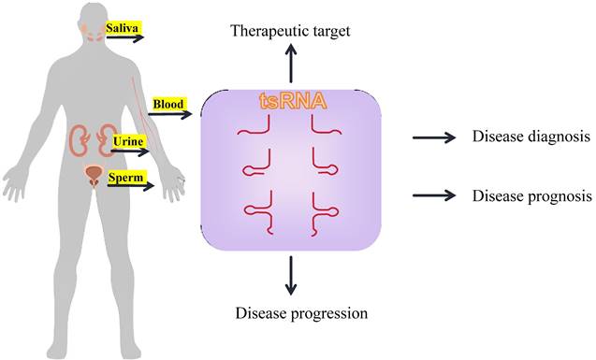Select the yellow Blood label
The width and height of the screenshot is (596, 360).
pos(168,105)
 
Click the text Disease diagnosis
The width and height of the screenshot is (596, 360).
pos(531,137)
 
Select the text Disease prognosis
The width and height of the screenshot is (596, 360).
pos(531,196)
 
